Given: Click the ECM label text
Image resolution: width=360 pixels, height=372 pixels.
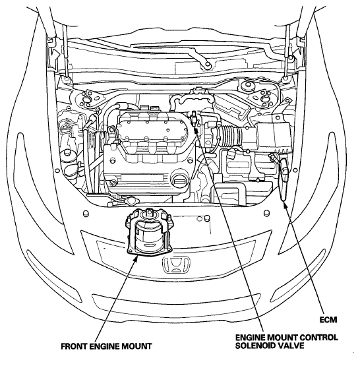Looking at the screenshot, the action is coord(328,320).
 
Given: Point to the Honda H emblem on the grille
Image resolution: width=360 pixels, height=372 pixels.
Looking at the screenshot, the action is coord(176,264).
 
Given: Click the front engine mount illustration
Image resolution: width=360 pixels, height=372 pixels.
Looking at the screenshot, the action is coord(150,232).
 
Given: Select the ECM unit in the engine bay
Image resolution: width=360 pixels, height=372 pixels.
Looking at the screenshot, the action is coord(284,179).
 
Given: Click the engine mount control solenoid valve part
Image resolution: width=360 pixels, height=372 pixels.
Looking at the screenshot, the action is coord(195,118).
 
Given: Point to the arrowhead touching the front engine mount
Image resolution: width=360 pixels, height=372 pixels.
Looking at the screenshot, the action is coord(135,258).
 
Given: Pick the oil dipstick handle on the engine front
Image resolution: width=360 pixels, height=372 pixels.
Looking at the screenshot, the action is coord(113,183).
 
